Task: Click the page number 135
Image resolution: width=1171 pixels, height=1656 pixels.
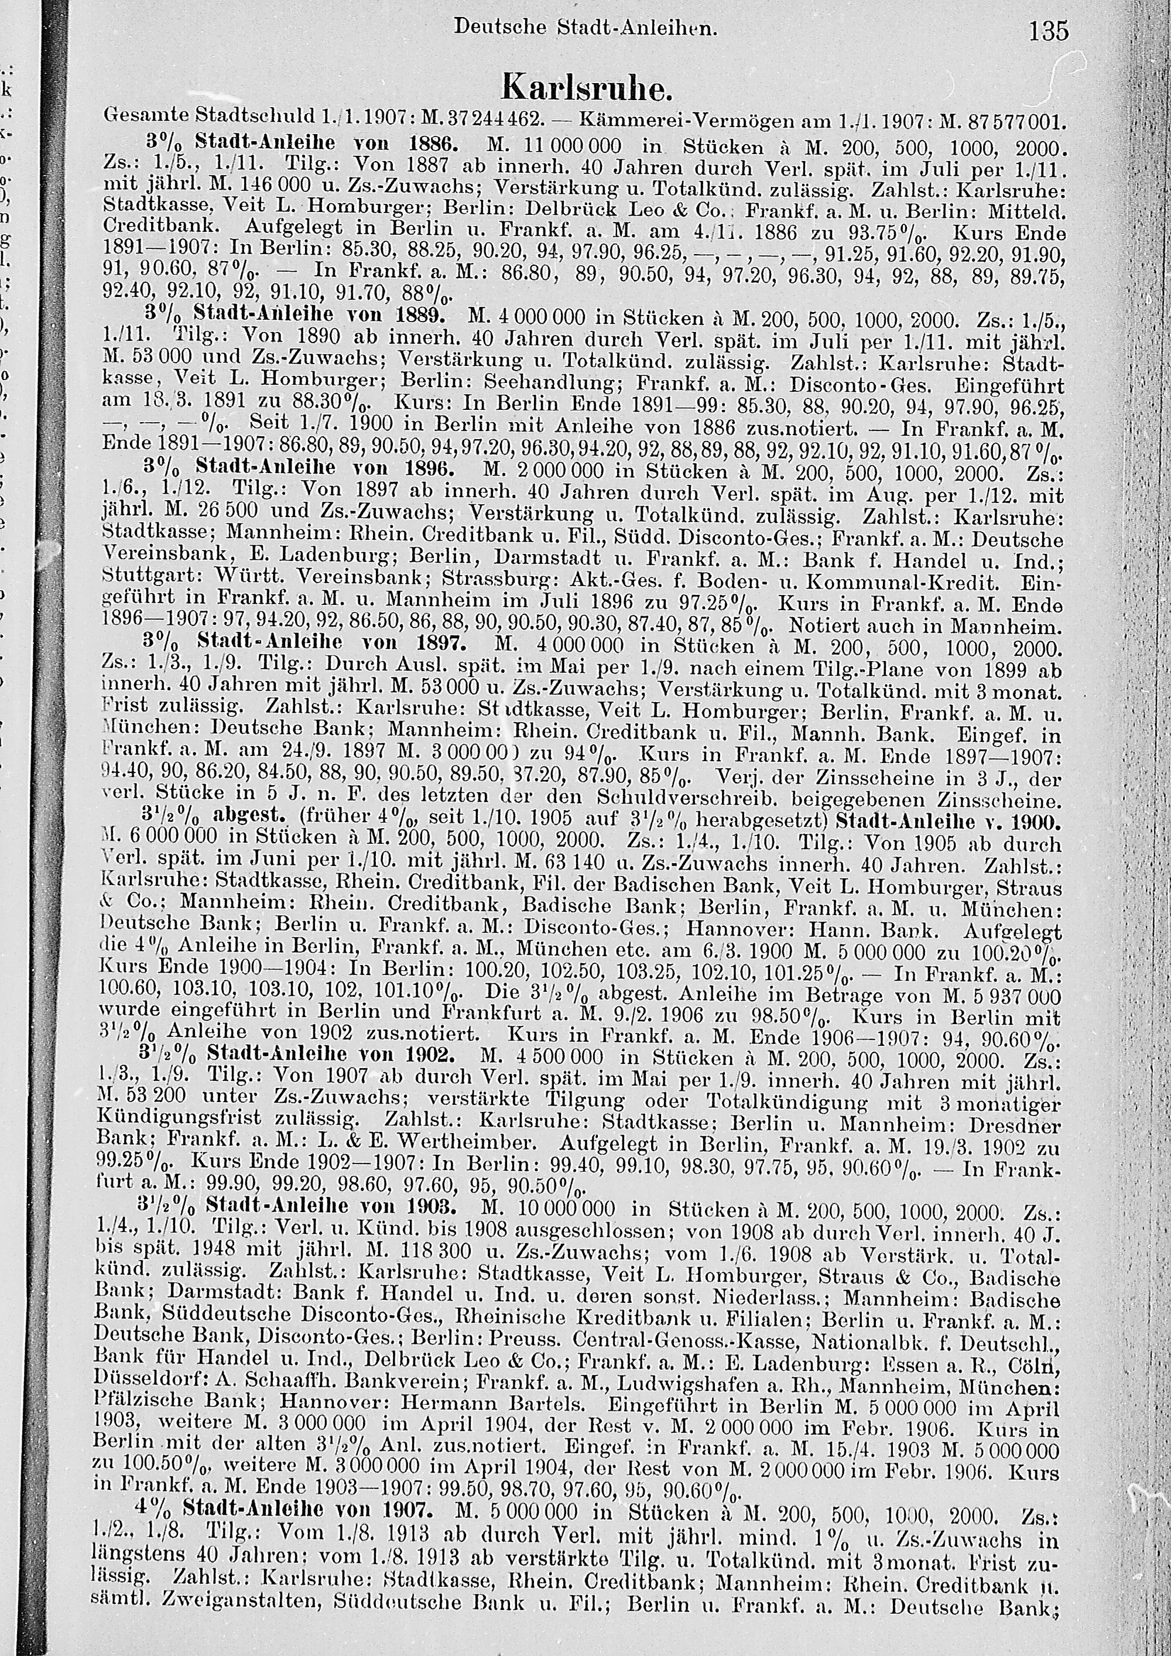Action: (x=1049, y=32)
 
